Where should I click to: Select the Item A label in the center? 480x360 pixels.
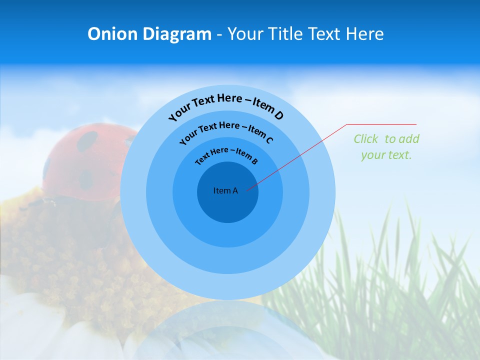click(225, 190)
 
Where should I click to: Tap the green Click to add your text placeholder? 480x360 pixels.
click(386, 147)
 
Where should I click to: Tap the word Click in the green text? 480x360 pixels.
click(366, 139)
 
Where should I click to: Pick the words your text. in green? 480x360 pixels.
click(386, 155)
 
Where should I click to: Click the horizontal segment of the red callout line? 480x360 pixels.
click(382, 124)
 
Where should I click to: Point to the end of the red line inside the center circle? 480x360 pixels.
click(247, 189)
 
